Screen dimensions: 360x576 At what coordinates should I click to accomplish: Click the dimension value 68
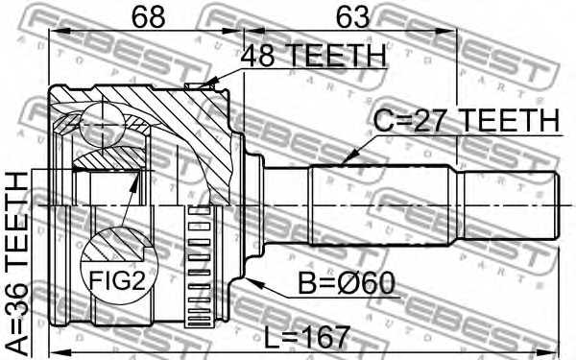pyautogui.click(x=146, y=17)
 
